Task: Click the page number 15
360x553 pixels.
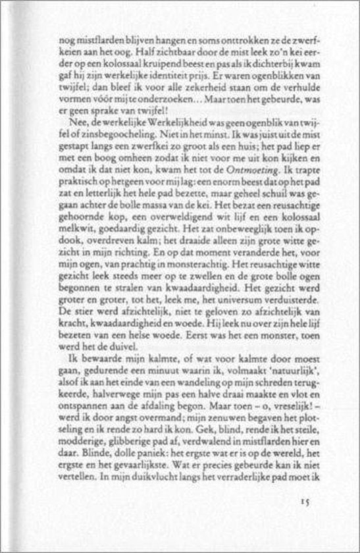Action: [x=304, y=500]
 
